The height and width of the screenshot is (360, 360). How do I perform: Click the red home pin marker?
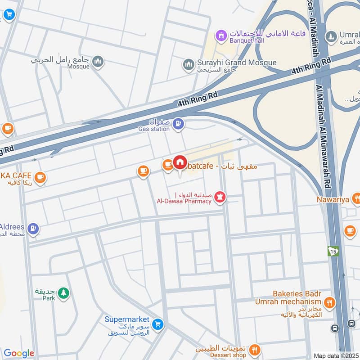[x=180, y=163]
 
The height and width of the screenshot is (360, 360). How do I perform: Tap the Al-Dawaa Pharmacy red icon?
[x=220, y=197]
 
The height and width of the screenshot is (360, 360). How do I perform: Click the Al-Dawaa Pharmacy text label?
[x=184, y=201]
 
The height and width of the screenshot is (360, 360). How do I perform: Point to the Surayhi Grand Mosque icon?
[x=189, y=65]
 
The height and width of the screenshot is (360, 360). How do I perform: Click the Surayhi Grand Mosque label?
[x=237, y=63]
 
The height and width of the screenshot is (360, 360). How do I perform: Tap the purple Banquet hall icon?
[x=220, y=35]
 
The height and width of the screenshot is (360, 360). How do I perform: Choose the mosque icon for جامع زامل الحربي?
[x=98, y=62]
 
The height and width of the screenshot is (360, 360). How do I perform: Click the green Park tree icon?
[x=63, y=293]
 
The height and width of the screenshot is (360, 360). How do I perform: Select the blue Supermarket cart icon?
[x=157, y=324]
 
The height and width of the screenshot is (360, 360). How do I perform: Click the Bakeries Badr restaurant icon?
[x=330, y=303]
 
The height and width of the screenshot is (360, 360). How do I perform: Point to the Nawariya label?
[x=333, y=199]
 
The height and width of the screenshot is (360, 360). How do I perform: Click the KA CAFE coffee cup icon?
[x=40, y=177]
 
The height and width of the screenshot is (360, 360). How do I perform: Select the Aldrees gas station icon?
[x=33, y=229]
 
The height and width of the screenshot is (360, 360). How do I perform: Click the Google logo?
[x=18, y=353]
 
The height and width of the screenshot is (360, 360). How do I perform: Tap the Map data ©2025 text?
[x=336, y=355]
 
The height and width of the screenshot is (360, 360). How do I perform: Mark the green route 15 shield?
[x=333, y=251]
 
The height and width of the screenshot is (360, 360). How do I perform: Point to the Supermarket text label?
[x=126, y=319]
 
